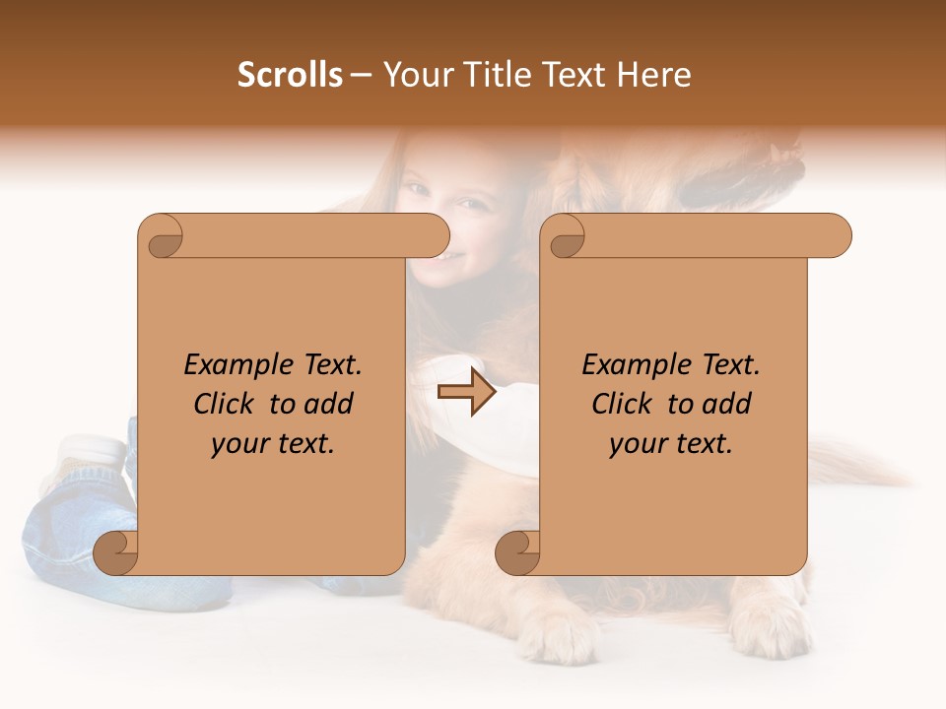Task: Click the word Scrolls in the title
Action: (290, 75)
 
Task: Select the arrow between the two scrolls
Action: (466, 392)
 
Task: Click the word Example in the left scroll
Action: (229, 365)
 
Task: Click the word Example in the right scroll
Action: (627, 365)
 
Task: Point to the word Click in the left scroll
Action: (226, 404)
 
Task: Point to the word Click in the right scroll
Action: (624, 404)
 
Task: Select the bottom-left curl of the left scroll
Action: (116, 551)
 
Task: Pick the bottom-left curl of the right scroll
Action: (518, 551)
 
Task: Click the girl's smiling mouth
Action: (449, 258)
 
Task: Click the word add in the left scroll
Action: (328, 404)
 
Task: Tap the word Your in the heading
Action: (413, 75)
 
